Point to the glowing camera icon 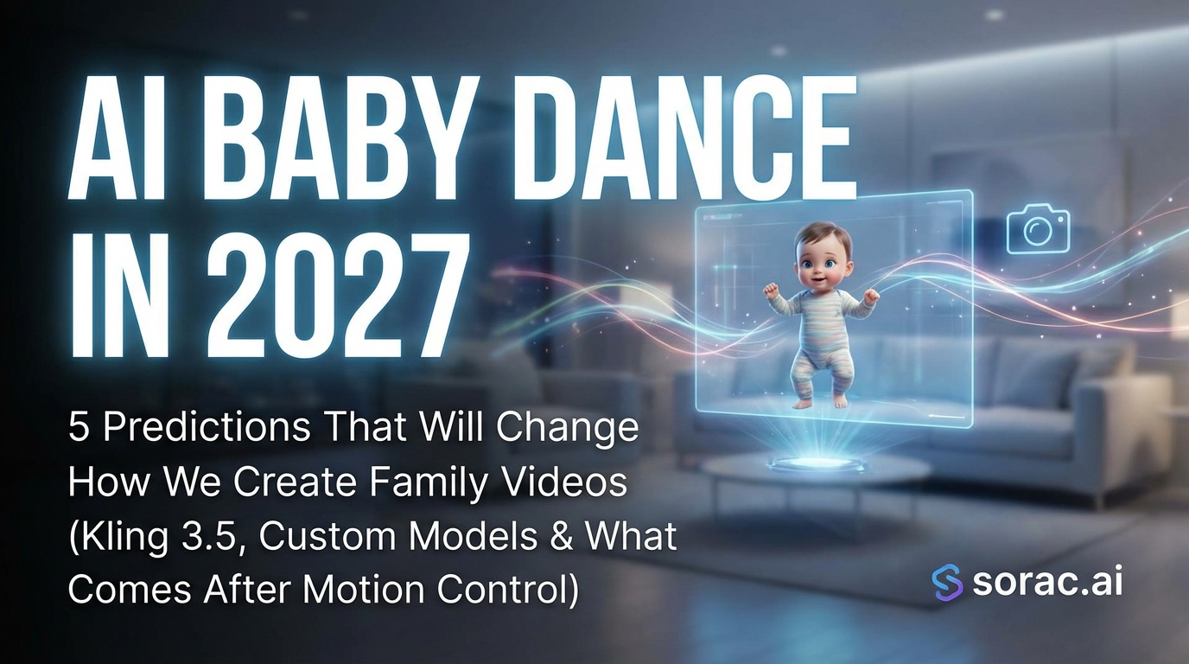click(1038, 228)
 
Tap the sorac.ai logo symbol click(947, 582)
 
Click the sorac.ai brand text click(1047, 582)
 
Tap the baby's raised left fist click(870, 297)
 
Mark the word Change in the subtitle click(578, 430)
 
